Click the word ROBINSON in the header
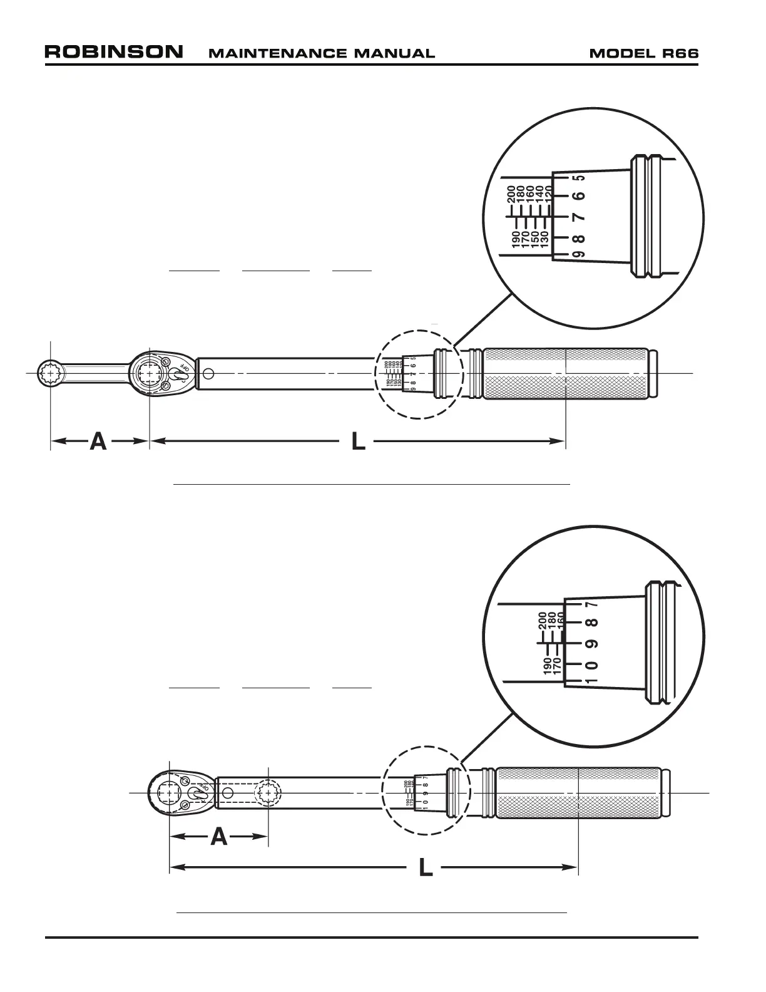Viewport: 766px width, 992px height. [x=114, y=51]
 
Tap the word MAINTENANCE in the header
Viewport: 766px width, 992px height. [x=270, y=53]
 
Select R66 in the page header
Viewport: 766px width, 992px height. [x=681, y=53]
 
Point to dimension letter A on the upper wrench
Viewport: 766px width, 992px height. [x=98, y=442]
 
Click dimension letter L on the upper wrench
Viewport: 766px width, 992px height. [x=358, y=442]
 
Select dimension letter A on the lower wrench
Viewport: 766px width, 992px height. [x=218, y=837]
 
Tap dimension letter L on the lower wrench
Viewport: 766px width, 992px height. [x=426, y=868]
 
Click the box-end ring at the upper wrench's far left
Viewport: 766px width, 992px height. [x=49, y=374]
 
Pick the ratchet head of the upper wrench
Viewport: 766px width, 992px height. [x=160, y=374]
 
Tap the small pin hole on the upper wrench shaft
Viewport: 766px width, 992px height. [x=208, y=375]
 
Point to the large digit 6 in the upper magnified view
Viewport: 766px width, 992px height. [x=580, y=195]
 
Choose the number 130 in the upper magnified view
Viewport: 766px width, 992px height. [x=544, y=239]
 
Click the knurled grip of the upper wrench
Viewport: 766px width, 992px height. [x=566, y=373]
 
